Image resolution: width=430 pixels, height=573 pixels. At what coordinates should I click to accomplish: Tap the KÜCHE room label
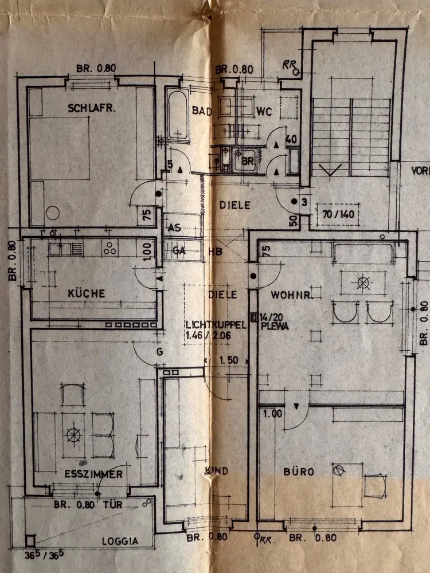87,293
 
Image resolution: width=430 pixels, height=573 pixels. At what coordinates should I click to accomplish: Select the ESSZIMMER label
93,474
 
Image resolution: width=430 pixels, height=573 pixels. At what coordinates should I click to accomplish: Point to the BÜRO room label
299,472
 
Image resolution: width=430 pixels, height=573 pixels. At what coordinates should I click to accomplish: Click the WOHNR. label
291,295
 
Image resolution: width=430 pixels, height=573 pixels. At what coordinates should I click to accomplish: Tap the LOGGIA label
120,540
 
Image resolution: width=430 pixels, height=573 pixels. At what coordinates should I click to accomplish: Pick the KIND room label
217,471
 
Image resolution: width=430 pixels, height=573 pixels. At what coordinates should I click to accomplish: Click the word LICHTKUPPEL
216,324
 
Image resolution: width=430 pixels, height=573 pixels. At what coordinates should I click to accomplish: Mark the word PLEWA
273,325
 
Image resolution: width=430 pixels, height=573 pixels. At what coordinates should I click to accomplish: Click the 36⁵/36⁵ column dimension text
44,554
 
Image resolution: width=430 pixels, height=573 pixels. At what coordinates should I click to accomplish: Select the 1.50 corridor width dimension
229,362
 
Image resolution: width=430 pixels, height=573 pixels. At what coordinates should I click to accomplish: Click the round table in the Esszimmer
74,435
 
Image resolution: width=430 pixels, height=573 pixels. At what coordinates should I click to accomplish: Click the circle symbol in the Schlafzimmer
53,213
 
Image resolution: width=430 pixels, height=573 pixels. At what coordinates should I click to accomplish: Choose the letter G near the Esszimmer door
159,351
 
